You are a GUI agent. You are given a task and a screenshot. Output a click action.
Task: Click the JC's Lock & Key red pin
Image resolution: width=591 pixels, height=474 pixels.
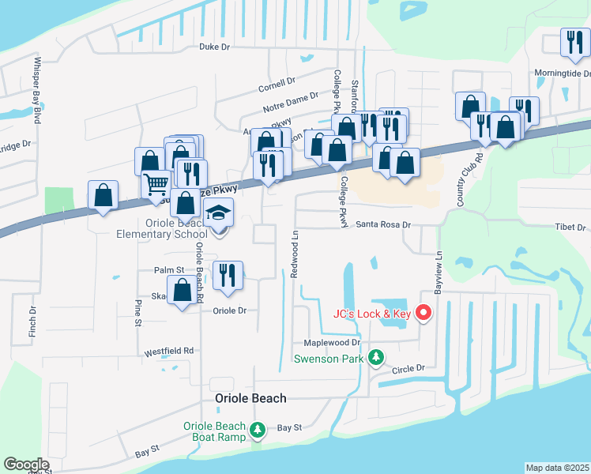pos(423,313)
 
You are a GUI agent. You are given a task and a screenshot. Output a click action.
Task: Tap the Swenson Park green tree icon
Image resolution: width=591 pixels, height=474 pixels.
pos(377,358)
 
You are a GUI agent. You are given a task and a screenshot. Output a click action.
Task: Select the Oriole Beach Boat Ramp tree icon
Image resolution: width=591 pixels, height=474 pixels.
pos(257,430)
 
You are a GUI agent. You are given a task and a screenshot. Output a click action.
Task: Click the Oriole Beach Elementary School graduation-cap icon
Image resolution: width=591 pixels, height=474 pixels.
pos(219,213)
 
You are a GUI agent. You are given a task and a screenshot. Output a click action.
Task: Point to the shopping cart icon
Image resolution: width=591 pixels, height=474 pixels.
pos(156,185)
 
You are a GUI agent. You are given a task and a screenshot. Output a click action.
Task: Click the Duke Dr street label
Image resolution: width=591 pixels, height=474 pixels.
pos(214,47)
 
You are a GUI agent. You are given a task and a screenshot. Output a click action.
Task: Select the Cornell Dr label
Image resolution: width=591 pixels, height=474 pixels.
pos(277,81)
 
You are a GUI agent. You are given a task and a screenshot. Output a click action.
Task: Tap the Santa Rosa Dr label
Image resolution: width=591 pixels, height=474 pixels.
pos(384,224)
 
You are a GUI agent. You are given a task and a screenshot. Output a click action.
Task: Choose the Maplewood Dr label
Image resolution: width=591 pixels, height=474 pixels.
pos(332,343)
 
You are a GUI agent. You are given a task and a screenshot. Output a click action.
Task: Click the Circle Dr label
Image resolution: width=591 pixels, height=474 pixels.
pos(408,368)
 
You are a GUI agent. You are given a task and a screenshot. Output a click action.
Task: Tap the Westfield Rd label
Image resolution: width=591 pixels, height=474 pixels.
pos(168,350)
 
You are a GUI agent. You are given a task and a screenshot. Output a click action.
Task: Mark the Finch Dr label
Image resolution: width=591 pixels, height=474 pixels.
pos(33,320)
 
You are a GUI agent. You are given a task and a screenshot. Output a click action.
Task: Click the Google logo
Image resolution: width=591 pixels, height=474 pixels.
pos(26,465)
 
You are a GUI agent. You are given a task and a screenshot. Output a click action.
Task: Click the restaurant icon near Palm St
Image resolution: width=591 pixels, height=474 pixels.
pos(228,275)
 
